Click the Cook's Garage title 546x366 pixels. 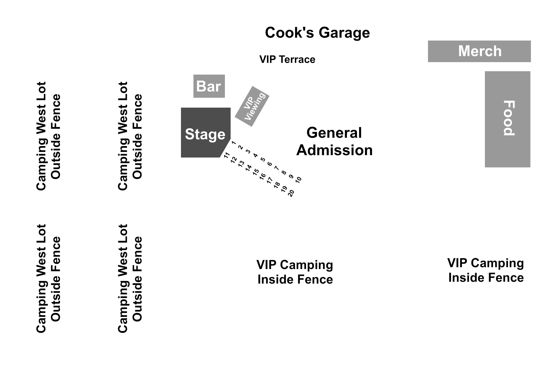point(317,33)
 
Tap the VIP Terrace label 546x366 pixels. point(287,60)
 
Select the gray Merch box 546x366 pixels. point(479,51)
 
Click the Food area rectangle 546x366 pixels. point(508,119)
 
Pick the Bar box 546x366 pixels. point(209,86)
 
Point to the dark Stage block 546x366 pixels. point(205,132)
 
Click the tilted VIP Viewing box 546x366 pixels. point(252,106)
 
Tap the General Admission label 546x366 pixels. point(334,141)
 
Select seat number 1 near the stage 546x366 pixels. point(233,143)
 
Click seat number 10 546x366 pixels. point(298,179)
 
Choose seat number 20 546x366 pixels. point(291,193)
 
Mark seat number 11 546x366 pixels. point(227,155)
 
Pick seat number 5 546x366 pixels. point(263,159)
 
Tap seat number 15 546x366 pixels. point(256,172)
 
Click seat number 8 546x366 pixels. point(284,172)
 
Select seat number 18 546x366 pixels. point(277,185)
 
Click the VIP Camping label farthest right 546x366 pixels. point(486,270)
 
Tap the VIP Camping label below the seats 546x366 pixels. point(295,272)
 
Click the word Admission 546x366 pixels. point(334,150)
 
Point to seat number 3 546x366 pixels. point(248,152)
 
